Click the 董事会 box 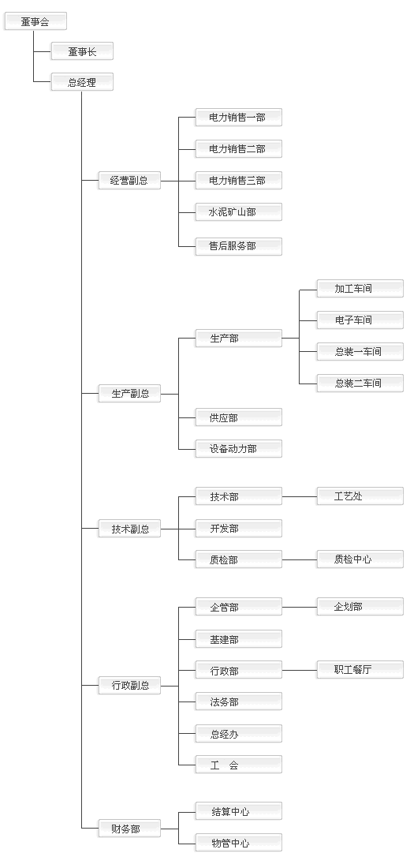(x=35, y=21)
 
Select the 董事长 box (x=83, y=51)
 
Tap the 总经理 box (x=83, y=83)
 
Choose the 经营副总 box (x=129, y=181)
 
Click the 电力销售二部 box (x=238, y=149)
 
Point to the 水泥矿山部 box (x=238, y=212)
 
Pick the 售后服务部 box (x=238, y=246)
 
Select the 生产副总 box (x=129, y=394)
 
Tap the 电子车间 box (x=360, y=320)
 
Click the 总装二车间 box (x=360, y=383)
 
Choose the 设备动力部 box (x=238, y=449)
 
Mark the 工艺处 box (x=360, y=496)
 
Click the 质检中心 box (x=360, y=559)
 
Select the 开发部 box (x=238, y=528)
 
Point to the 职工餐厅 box (x=360, y=670)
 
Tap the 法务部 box (x=238, y=702)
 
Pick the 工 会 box (x=238, y=765)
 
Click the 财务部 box (x=129, y=829)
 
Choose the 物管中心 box (x=238, y=843)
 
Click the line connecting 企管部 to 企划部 (x=300, y=608)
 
